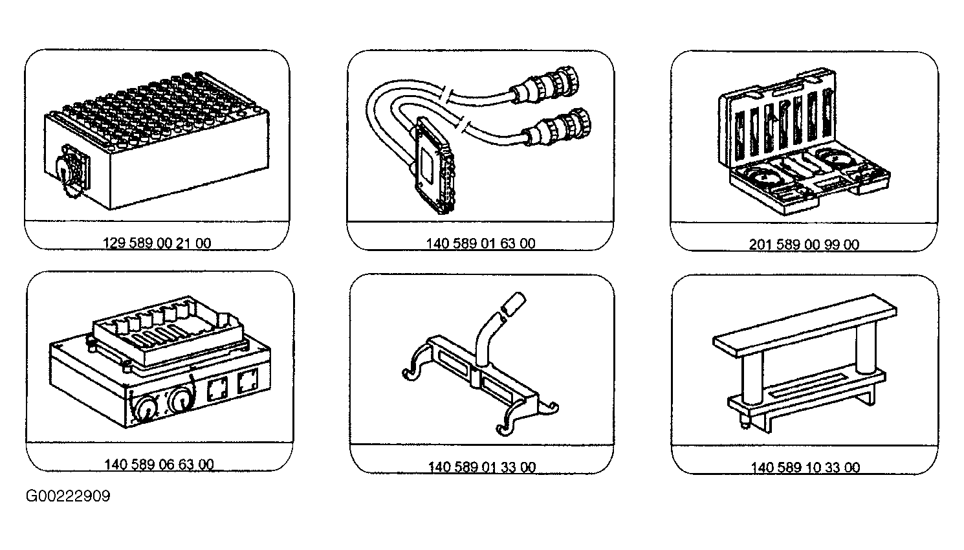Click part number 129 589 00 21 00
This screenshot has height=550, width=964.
coord(157,243)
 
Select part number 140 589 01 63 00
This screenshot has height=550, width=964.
coord(481,243)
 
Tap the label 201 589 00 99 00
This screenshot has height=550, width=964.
coord(804,245)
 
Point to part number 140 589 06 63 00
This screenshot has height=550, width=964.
coord(159,465)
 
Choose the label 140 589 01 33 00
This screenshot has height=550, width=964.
coord(482,467)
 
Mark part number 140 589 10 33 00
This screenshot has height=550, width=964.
coord(805,467)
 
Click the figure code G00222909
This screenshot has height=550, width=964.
coord(68,496)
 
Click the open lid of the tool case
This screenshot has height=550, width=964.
coord(777,117)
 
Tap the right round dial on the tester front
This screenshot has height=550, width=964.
coord(182,399)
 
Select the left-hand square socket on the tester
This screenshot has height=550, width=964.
coord(218,389)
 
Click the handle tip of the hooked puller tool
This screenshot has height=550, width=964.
coord(514,303)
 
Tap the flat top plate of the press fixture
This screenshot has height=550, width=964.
coord(805,325)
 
